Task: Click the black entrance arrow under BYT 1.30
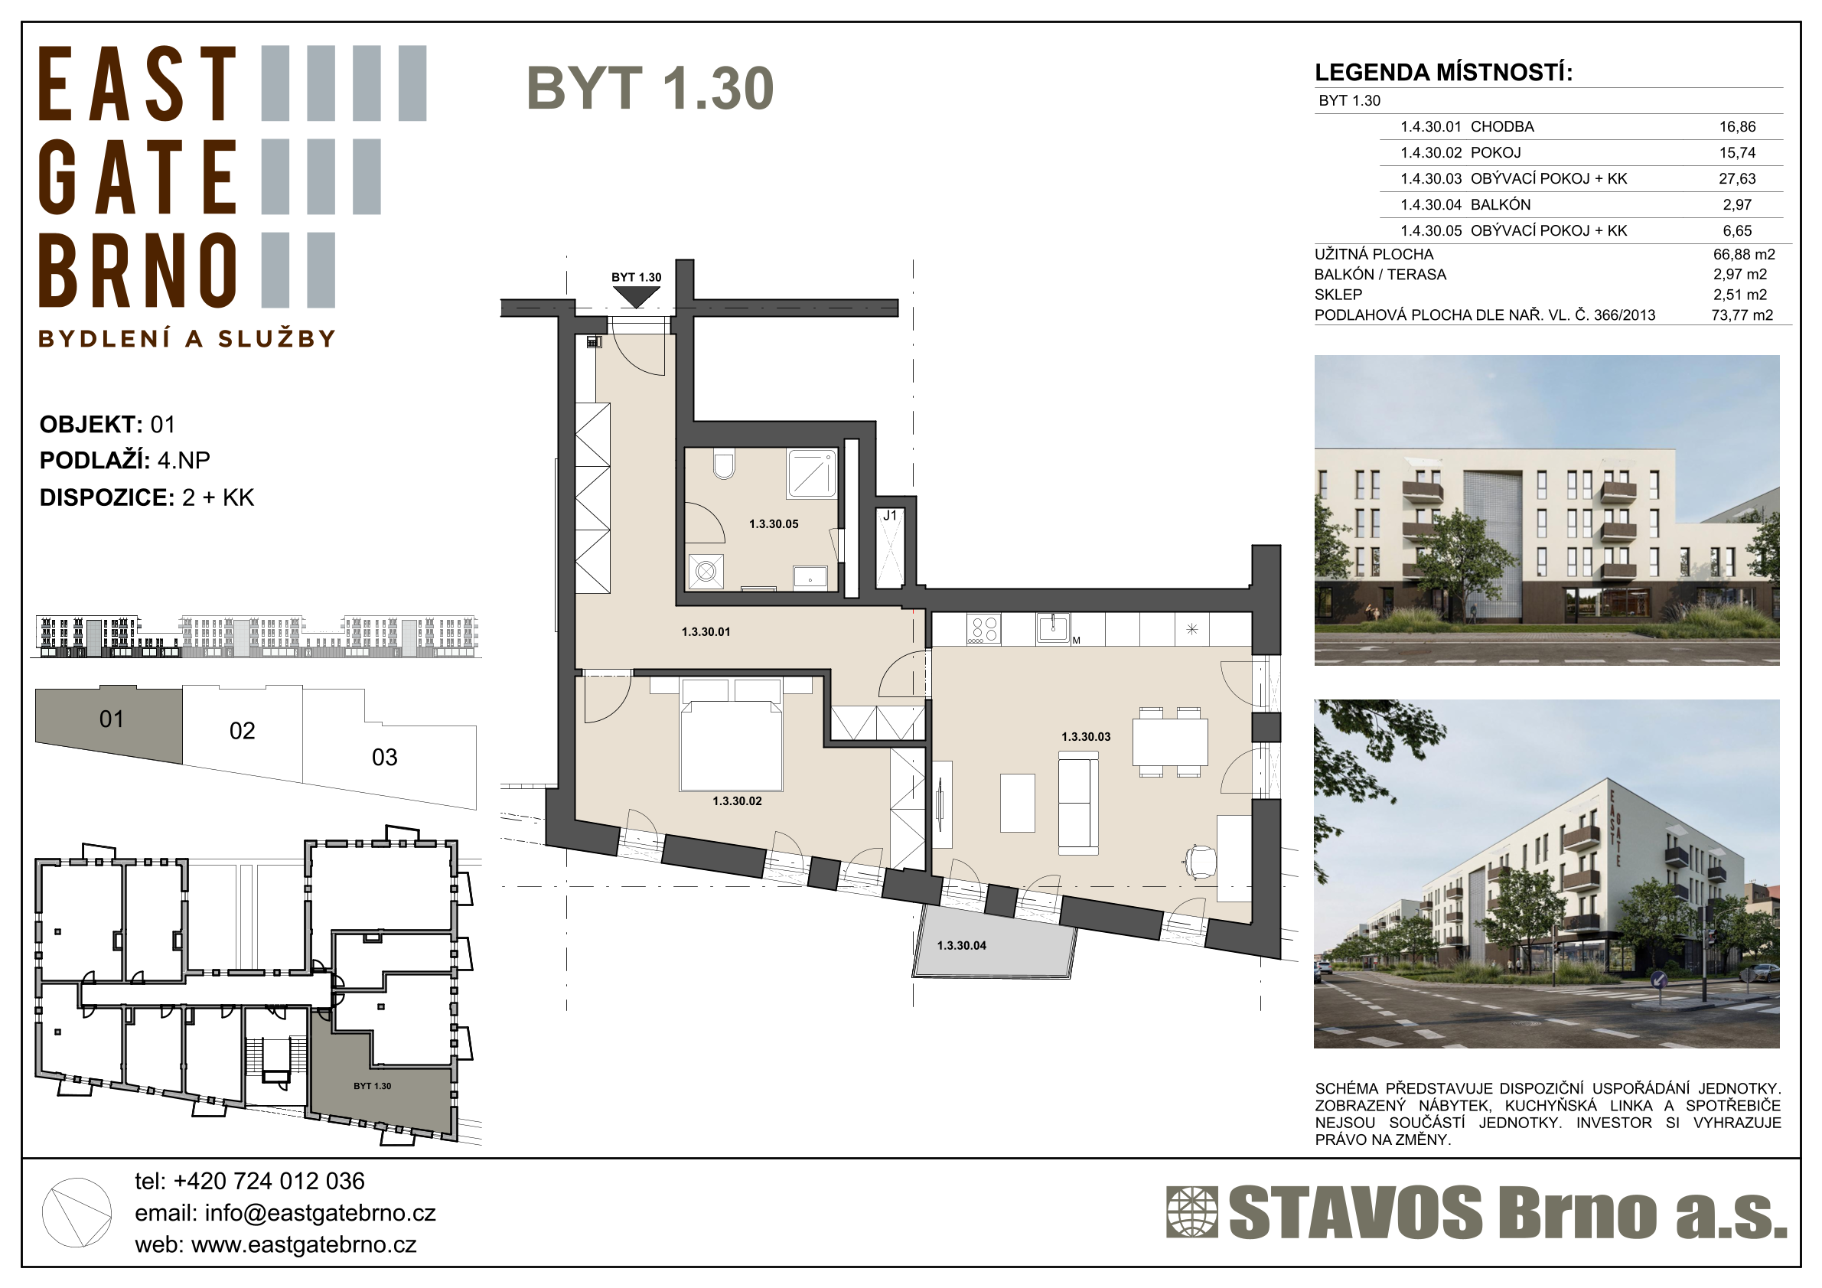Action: (637, 297)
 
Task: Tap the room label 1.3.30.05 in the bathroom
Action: (774, 523)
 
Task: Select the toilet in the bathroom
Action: (724, 465)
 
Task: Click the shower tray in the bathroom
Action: (811, 474)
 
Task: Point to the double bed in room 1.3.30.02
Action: (731, 733)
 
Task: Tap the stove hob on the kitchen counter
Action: (983, 629)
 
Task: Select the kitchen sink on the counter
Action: (1053, 628)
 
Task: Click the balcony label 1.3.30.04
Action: (961, 945)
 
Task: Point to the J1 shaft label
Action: (890, 516)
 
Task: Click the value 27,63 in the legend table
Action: (1737, 178)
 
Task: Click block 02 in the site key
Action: (242, 731)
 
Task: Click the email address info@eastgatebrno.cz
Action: (320, 1214)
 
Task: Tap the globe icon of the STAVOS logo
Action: (1191, 1211)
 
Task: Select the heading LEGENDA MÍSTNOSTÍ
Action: (1443, 73)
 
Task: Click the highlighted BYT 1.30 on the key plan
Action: (372, 1086)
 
